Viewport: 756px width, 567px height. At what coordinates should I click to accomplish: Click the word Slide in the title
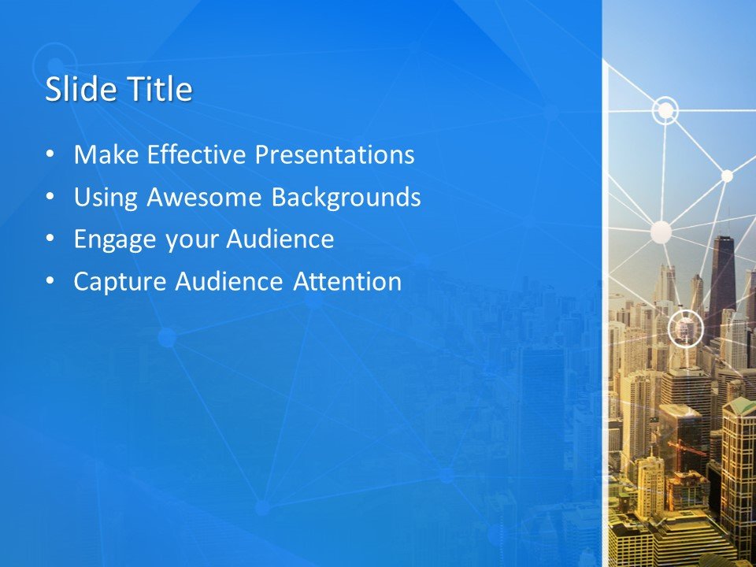[73, 89]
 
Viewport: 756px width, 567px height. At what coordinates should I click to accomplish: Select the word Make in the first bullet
[100, 155]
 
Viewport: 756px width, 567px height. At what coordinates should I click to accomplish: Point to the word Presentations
[334, 155]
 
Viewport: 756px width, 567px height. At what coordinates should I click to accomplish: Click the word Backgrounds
[346, 198]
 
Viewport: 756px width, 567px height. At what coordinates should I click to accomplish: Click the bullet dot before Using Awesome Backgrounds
[51, 198]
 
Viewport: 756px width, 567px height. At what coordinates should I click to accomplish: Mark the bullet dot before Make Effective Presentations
[51, 155]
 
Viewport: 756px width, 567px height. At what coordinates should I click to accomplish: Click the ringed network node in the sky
[666, 111]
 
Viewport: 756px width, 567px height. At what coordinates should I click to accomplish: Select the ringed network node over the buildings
[685, 329]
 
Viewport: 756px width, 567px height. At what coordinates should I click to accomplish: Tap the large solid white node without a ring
[661, 232]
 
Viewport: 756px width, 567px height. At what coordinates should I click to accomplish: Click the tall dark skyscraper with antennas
[722, 276]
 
